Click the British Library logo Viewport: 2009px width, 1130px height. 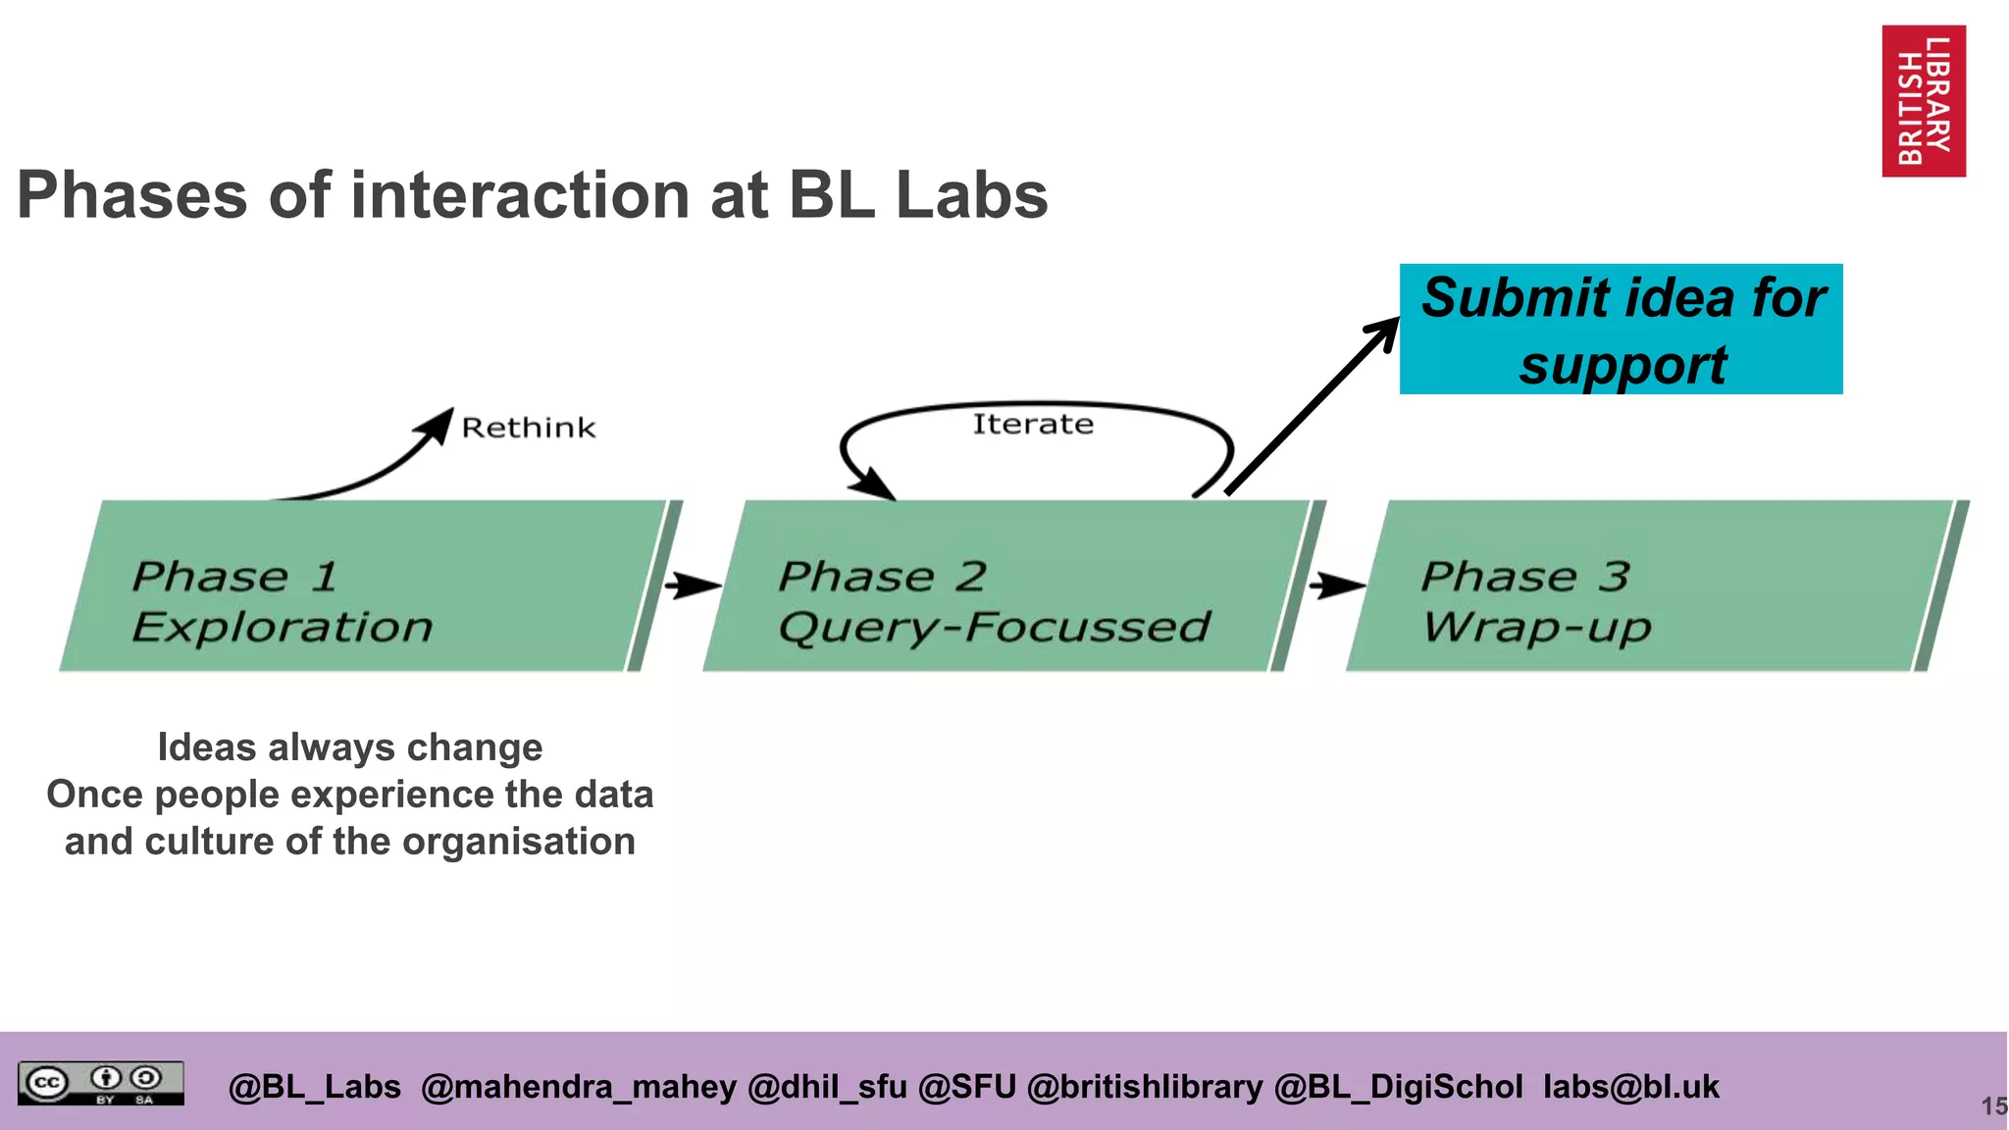(x=1923, y=101)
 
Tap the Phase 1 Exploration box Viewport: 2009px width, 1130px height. (x=363, y=587)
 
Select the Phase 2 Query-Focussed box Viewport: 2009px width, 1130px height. (x=1005, y=587)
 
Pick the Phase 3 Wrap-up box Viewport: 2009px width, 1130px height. (x=1648, y=587)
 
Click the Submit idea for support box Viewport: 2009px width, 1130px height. (x=1621, y=330)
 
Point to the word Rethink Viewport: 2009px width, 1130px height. (x=528, y=428)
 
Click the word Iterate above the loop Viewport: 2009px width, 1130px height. (x=1032, y=424)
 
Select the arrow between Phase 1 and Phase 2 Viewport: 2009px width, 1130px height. (x=694, y=586)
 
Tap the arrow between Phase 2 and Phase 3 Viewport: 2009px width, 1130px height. (x=1337, y=586)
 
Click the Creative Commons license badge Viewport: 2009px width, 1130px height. (x=100, y=1083)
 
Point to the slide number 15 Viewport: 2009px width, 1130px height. (x=1993, y=1106)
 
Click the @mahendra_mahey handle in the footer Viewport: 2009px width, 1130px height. (x=578, y=1087)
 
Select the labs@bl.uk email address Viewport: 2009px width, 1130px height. (x=1630, y=1087)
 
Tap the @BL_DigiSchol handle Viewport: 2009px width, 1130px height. (x=1398, y=1087)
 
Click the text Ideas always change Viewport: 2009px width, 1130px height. (x=350, y=747)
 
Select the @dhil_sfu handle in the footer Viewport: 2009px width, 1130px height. (x=827, y=1087)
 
